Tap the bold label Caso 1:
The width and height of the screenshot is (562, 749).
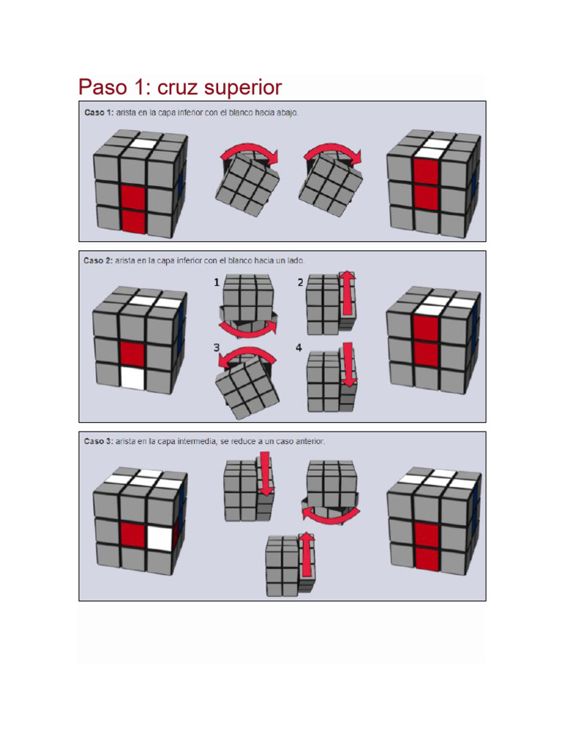tap(98, 113)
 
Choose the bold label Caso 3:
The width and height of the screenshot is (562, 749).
tap(98, 442)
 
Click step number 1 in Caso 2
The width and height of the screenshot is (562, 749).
tap(217, 282)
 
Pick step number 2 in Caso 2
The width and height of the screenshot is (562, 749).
tap(300, 282)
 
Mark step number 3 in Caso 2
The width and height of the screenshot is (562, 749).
tap(217, 348)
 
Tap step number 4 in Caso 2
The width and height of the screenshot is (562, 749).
tap(299, 348)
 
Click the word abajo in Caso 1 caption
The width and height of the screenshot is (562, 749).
tap(285, 113)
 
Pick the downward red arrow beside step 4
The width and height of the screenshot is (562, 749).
tap(349, 364)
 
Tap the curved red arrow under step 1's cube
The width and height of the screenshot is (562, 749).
tap(249, 325)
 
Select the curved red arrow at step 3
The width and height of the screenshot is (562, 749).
tap(248, 355)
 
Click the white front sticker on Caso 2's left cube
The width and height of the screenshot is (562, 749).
tap(132, 377)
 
